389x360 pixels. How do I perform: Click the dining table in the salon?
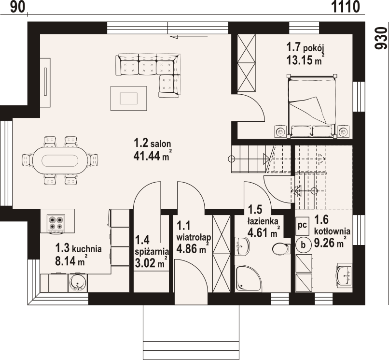[x=60, y=161]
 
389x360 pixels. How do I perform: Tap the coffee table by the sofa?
[x=128, y=98]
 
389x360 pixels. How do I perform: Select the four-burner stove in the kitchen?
[x=56, y=223]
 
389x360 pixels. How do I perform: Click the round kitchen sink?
[x=78, y=283]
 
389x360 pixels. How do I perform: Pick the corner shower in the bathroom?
[x=249, y=278]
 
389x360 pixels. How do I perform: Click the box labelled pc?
[x=303, y=226]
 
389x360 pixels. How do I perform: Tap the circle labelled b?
[x=303, y=245]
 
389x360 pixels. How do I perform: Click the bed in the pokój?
[x=311, y=106]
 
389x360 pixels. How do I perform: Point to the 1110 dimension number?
[x=346, y=7]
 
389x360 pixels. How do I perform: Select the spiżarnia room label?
[x=152, y=251]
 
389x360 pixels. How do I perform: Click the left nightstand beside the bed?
[x=280, y=131]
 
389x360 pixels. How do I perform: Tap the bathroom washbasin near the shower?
[x=242, y=246]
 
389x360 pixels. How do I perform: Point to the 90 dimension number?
[x=18, y=7]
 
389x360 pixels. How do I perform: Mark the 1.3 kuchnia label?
[x=78, y=248]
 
